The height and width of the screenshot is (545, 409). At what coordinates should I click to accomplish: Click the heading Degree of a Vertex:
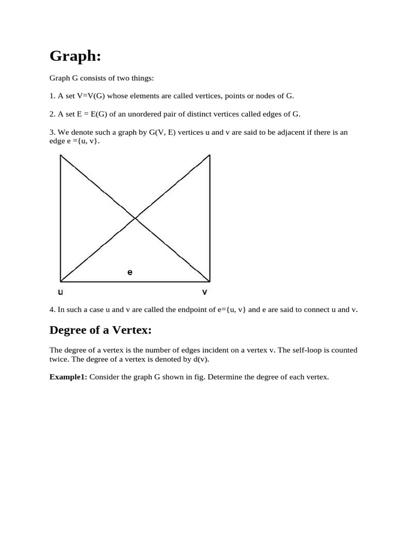[101, 331]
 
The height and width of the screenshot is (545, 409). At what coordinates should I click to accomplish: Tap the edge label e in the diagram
[129, 272]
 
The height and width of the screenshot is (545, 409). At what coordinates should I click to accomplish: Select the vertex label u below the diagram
[60, 292]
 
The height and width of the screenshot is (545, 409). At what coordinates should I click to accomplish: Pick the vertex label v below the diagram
[204, 292]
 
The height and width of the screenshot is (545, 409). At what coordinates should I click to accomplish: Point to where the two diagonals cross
[135, 218]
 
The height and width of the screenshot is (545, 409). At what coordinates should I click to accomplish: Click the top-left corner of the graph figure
[61, 155]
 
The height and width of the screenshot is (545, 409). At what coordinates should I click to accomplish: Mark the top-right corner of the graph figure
[210, 155]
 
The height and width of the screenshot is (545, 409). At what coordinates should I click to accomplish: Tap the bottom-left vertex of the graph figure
[61, 281]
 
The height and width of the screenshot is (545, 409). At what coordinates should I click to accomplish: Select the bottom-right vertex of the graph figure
[210, 281]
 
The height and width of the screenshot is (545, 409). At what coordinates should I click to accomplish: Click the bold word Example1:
[69, 377]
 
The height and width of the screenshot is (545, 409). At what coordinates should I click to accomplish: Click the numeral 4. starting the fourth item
[52, 309]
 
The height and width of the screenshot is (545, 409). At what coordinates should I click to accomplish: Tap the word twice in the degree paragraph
[59, 359]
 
